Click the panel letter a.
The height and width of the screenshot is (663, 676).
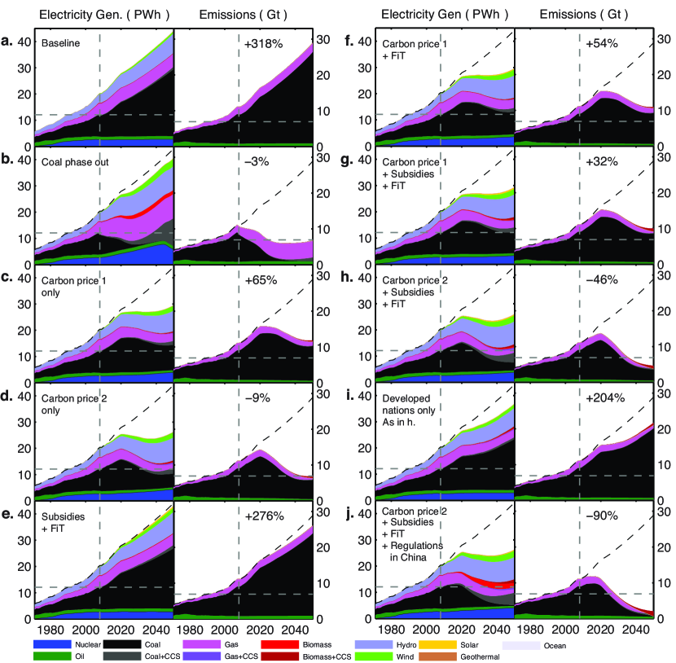pos(12,42)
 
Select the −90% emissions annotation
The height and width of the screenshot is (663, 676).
pos(601,516)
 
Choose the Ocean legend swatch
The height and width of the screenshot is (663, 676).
pos(518,645)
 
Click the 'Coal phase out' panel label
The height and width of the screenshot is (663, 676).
pos(74,160)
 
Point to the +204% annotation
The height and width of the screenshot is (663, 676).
pos(601,397)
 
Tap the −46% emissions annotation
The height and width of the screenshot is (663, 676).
pos(601,279)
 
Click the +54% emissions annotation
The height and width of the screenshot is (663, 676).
pos(601,43)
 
